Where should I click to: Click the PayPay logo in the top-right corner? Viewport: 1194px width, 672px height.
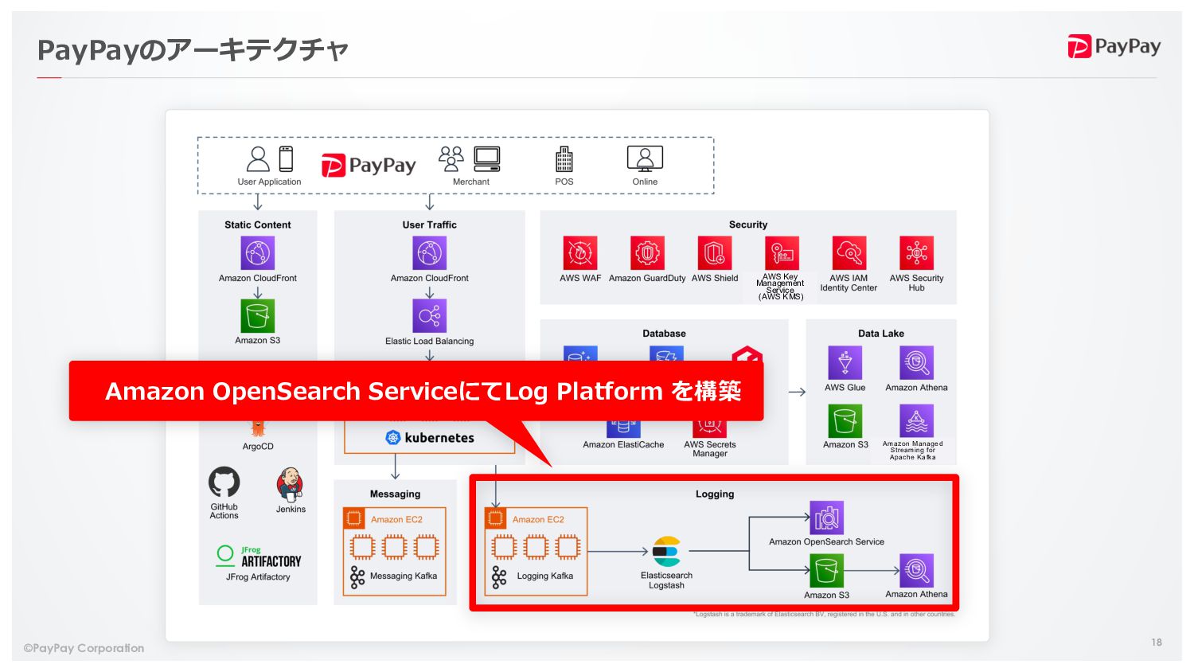(x=1114, y=47)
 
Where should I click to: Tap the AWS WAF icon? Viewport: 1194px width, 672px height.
(x=580, y=253)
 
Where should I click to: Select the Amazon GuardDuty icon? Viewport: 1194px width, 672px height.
(x=647, y=253)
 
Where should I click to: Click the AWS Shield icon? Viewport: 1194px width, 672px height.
(x=715, y=253)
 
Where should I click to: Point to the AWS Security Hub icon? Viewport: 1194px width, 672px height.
(x=916, y=253)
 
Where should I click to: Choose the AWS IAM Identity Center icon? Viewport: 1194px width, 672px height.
(x=849, y=253)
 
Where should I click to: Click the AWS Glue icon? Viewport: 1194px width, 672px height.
(x=845, y=363)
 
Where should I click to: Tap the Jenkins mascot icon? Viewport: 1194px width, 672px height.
(x=290, y=484)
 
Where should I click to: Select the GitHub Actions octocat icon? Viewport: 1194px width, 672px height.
(x=224, y=483)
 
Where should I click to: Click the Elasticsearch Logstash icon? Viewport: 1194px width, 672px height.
(x=666, y=551)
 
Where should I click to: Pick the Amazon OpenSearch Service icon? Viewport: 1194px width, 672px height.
(x=826, y=518)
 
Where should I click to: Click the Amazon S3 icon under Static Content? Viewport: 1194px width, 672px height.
(x=258, y=316)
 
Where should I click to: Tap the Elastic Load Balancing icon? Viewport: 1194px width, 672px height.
(x=430, y=316)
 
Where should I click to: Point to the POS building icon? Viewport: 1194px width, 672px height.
(x=564, y=159)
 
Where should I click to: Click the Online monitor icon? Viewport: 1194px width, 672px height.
(x=645, y=158)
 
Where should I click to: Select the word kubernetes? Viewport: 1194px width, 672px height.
(x=439, y=438)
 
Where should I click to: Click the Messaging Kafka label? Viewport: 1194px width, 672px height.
(x=403, y=576)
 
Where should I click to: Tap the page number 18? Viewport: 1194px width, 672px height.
(x=1156, y=642)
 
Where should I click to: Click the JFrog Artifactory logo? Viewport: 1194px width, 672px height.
(x=258, y=557)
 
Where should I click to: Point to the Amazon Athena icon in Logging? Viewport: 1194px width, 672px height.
(x=916, y=570)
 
